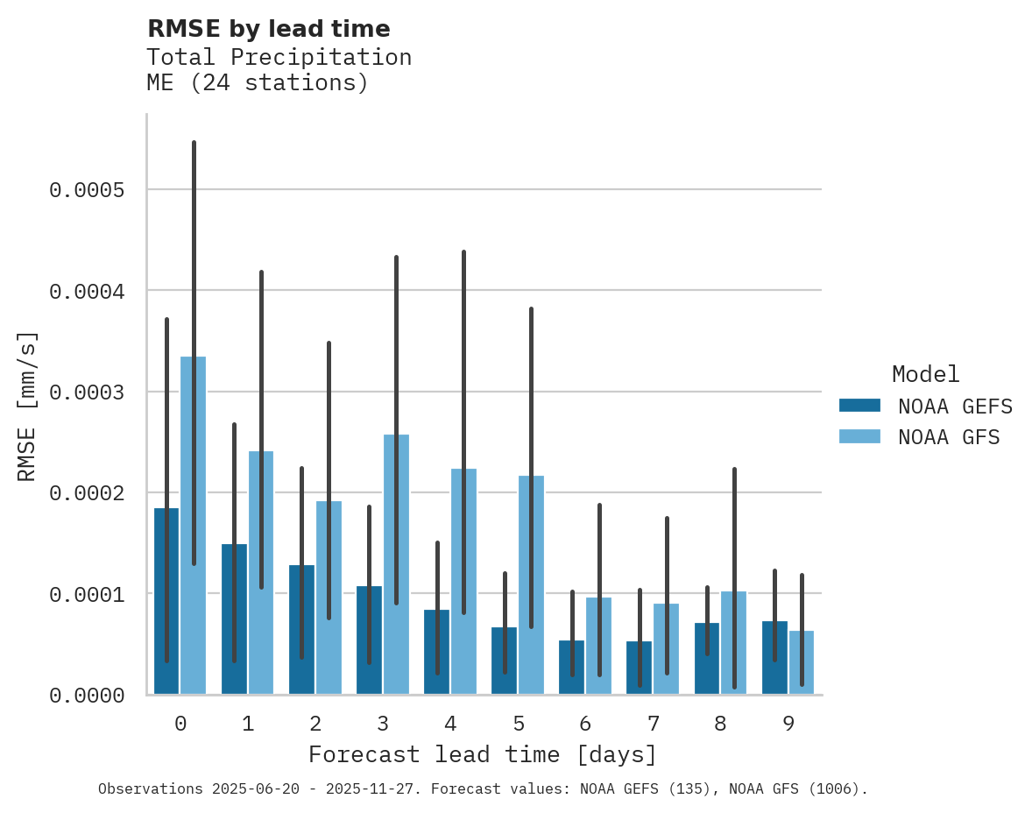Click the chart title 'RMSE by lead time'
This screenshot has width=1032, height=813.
pos(268,29)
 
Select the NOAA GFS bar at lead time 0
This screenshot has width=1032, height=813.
pos(193,526)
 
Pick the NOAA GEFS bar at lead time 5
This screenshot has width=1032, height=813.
pos(504,661)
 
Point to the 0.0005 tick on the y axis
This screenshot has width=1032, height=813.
pos(87,190)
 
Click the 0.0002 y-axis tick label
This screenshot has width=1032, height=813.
pos(87,493)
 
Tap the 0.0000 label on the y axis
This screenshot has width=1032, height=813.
pos(87,696)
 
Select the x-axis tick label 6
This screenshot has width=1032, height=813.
pos(585,724)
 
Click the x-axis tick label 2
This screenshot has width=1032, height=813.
pos(315,724)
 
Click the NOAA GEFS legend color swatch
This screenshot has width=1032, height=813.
pos(859,406)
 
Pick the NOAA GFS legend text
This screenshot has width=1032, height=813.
pos(948,436)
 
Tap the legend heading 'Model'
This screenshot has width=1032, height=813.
pos(925,374)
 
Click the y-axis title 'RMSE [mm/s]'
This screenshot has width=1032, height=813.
pos(27,406)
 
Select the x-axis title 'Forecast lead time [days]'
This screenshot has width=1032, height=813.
pos(482,754)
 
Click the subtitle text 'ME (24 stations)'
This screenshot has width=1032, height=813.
pos(257,83)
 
